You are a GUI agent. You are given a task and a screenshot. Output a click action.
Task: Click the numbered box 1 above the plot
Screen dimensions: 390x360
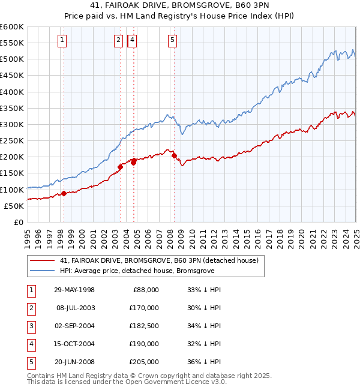(x=63, y=40)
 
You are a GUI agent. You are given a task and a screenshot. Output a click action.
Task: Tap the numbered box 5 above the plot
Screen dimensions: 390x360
(x=172, y=40)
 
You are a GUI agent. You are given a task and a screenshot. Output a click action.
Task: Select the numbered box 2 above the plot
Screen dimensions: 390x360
(x=118, y=40)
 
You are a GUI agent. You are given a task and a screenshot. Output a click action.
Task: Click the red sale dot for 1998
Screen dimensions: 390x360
(x=64, y=193)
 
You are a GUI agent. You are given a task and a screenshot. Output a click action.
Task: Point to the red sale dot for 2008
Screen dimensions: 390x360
(x=174, y=155)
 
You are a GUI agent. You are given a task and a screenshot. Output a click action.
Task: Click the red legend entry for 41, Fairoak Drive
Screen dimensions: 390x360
(x=159, y=260)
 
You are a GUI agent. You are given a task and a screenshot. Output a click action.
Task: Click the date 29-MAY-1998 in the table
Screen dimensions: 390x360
(x=74, y=290)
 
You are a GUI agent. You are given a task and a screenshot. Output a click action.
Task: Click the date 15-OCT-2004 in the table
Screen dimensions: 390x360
(x=74, y=344)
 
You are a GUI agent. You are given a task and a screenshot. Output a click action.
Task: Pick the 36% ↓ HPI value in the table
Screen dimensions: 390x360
(x=205, y=362)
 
